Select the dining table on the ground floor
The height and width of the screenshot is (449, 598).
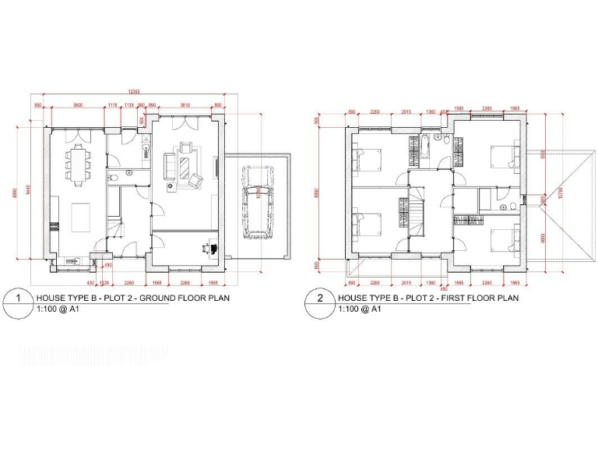click(x=79, y=160)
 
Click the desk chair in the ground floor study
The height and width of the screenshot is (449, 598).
click(x=208, y=247)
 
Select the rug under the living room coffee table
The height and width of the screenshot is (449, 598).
click(x=185, y=165)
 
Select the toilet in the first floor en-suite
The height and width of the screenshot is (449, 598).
click(x=505, y=207)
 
